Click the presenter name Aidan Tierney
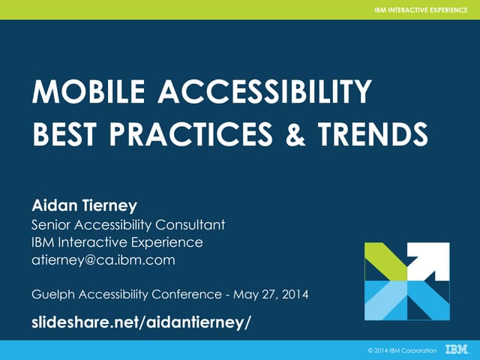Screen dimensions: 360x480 tap(83, 205)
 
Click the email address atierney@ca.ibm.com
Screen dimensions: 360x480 tap(103, 260)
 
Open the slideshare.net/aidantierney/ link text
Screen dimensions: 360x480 tap(140, 322)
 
